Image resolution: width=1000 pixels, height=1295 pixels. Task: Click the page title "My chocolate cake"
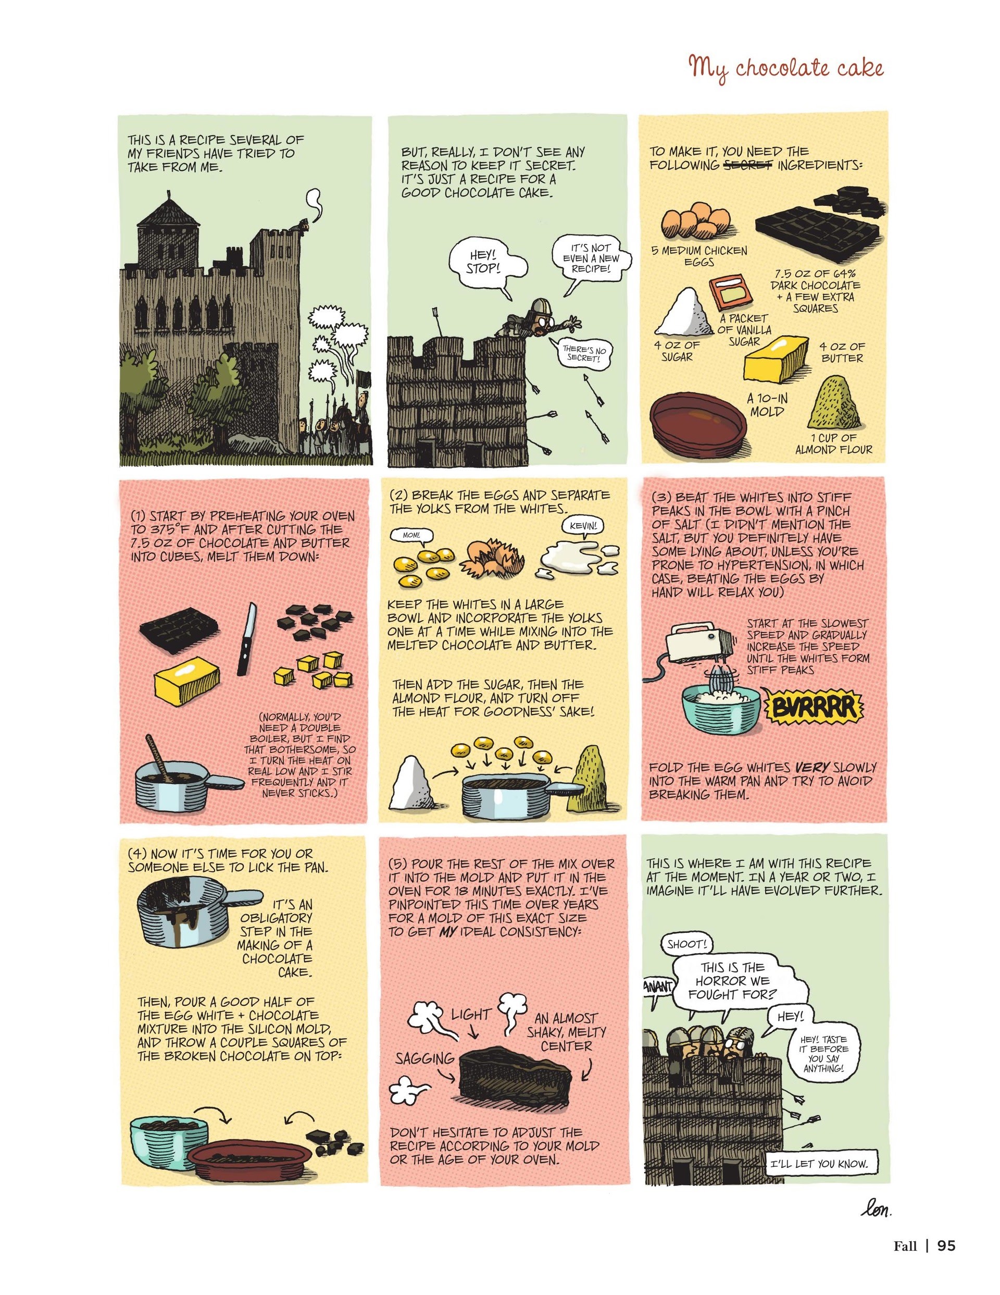(785, 69)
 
